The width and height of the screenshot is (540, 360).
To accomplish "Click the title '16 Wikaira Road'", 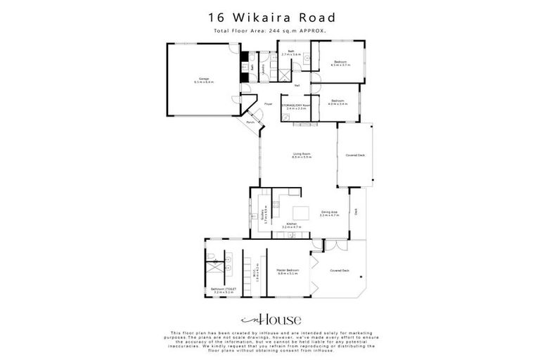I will [x=270, y=16].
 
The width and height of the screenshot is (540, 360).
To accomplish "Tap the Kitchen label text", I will [x=291, y=225].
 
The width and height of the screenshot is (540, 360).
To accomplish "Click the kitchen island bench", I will [x=302, y=212].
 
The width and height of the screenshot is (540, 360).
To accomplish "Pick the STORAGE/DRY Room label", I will [x=295, y=107].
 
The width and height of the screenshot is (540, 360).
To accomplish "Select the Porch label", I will [x=250, y=122].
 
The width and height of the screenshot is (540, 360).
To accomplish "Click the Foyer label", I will [x=269, y=105].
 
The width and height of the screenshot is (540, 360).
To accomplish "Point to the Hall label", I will [x=297, y=86].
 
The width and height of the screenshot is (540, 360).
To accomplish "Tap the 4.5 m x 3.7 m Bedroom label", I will [x=340, y=63].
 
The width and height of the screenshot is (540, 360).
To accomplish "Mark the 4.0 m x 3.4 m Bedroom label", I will [x=338, y=102].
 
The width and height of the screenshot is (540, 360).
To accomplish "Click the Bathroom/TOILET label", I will [x=215, y=290].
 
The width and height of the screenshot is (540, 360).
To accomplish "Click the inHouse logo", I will [x=270, y=319].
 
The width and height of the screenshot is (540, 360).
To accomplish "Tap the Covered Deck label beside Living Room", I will [x=355, y=155].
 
